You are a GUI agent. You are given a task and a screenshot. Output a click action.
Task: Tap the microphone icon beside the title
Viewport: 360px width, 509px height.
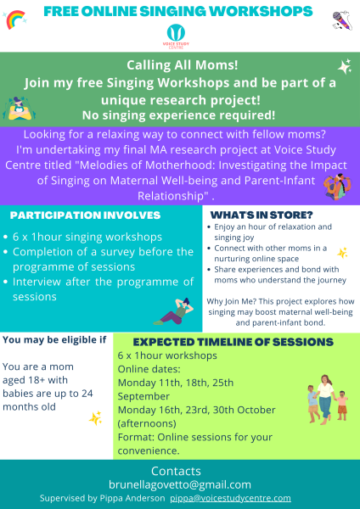point(341,19)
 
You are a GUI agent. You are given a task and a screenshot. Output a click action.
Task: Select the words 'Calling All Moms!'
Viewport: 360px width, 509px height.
point(180,65)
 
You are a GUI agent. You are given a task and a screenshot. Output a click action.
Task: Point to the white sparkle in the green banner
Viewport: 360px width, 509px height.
point(344,66)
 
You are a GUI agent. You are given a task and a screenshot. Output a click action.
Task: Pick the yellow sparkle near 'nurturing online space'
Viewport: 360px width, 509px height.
point(342,252)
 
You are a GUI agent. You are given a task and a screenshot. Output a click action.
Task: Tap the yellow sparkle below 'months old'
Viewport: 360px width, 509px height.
point(96,417)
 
